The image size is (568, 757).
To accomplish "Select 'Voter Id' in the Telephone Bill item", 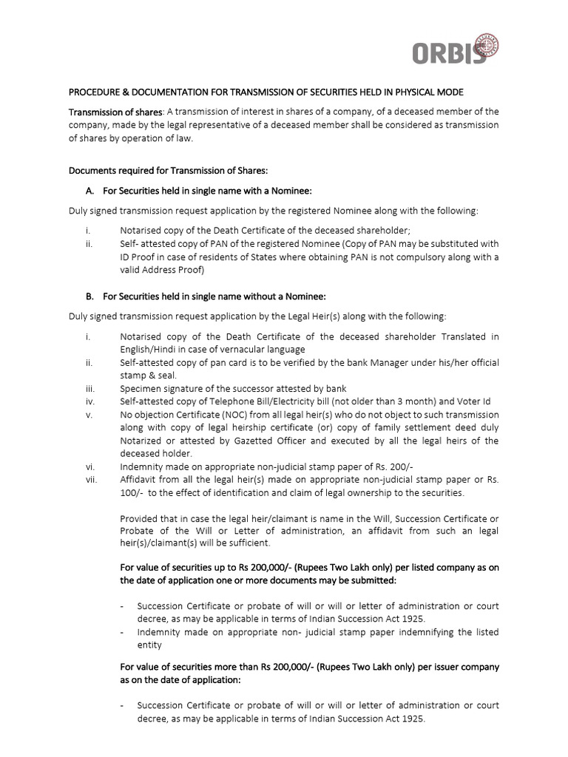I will coord(481,401).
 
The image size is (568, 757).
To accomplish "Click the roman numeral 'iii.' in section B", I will coord(89,389).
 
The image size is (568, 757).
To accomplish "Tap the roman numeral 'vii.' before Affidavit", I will coord(89,480).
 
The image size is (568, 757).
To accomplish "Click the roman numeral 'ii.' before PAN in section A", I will coord(89,243).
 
